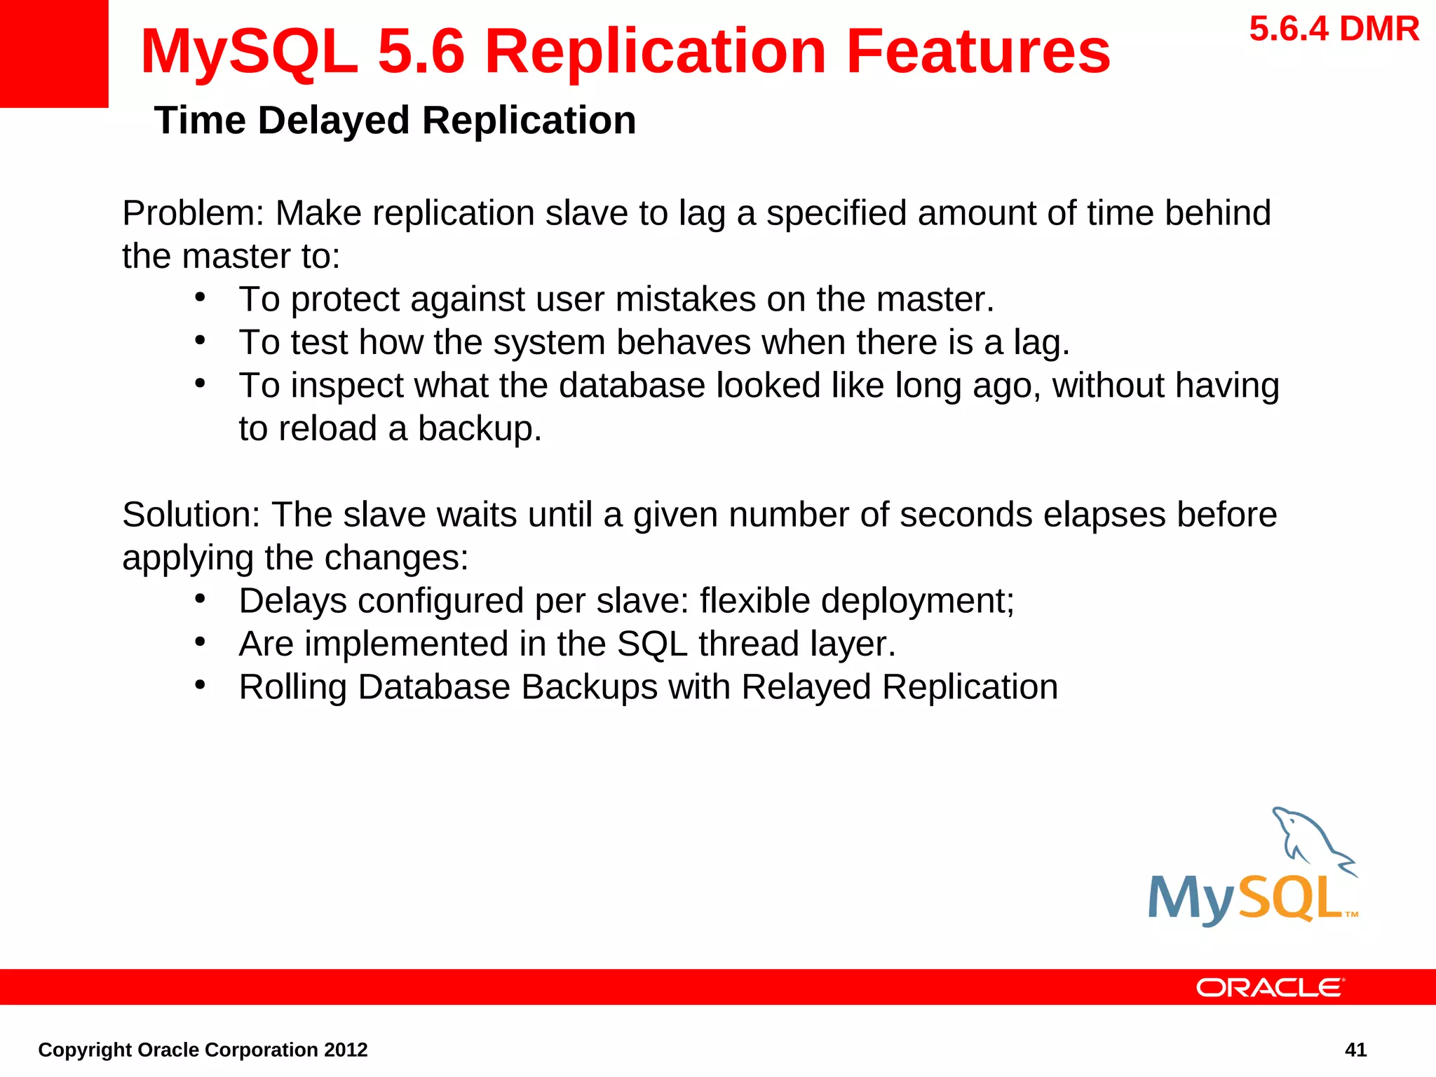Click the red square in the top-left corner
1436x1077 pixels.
[53, 53]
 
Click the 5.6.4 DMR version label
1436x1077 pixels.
[1334, 29]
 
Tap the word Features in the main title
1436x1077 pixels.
[977, 52]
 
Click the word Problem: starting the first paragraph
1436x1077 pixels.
[193, 213]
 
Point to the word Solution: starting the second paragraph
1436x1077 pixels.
[191, 515]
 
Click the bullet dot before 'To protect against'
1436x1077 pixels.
[201, 297]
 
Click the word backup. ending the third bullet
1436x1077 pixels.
[480, 429]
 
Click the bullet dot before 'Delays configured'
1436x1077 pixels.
[201, 599]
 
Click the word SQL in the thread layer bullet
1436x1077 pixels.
[652, 644]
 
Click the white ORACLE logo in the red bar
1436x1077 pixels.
[1270, 987]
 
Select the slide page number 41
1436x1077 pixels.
[1355, 1050]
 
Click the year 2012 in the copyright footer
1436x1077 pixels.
[345, 1050]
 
